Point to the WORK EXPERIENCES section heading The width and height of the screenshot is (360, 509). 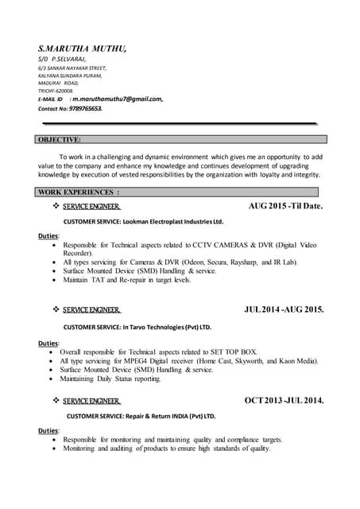tap(79, 192)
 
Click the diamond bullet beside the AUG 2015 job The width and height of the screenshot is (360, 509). tap(56, 207)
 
